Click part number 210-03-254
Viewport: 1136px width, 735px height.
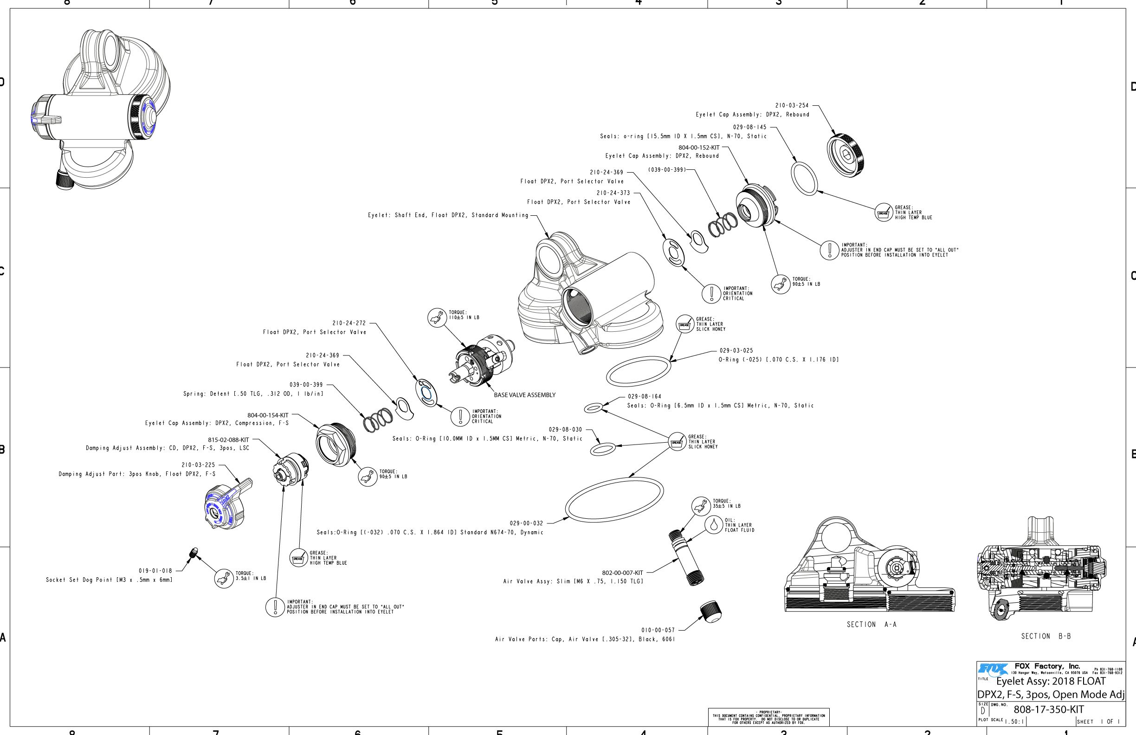pyautogui.click(x=792, y=105)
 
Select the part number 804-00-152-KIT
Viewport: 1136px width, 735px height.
pyautogui.click(x=699, y=148)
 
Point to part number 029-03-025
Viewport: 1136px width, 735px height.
pyautogui.click(x=736, y=350)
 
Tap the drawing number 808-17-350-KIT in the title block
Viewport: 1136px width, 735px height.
pyautogui.click(x=1049, y=709)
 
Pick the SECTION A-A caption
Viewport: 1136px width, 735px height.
pyautogui.click(x=871, y=624)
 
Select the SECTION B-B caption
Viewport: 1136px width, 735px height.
pyautogui.click(x=1046, y=636)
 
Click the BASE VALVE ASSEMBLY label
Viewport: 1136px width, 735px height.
pyautogui.click(x=524, y=395)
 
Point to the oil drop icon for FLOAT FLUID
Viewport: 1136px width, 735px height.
pyautogui.click(x=714, y=525)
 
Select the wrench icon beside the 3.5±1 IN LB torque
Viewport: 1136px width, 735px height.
pyautogui.click(x=223, y=579)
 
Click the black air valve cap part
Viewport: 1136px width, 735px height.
pyautogui.click(x=711, y=612)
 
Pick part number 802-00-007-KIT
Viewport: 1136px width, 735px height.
pyautogui.click(x=622, y=573)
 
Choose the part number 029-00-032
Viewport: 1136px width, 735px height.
pyautogui.click(x=526, y=523)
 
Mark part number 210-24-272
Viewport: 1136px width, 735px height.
pyautogui.click(x=349, y=323)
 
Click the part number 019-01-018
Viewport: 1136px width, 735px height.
pyautogui.click(x=155, y=570)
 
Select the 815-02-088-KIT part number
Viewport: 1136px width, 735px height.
pyautogui.click(x=228, y=440)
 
